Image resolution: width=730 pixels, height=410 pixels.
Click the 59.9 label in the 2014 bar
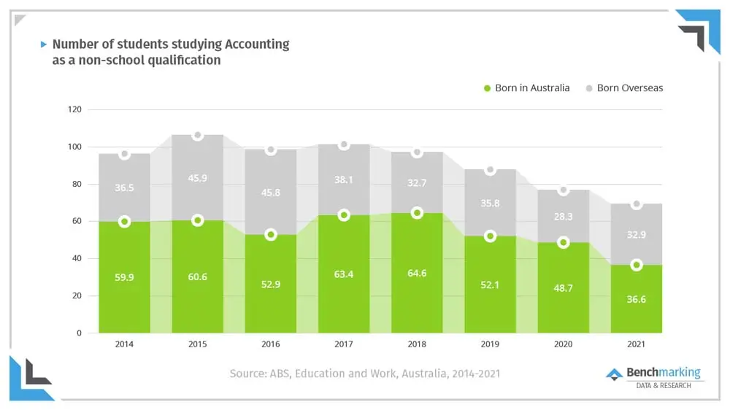tap(124, 278)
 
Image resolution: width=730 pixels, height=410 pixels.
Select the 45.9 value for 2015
tap(197, 177)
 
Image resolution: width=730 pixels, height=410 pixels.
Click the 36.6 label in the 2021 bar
tap(636, 300)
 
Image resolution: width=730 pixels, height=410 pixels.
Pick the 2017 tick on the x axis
tap(344, 344)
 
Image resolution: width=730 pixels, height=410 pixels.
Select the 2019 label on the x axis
tap(490, 344)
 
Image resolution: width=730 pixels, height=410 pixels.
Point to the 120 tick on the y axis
tap(74, 110)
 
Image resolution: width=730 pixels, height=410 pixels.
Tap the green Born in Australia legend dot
tap(487, 88)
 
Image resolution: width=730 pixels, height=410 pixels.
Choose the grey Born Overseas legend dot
tap(589, 88)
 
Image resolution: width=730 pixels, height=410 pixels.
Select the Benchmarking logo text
tap(663, 373)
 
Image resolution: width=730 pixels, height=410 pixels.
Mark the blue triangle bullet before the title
tap(44, 44)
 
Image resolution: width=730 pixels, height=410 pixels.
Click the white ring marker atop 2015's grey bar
tap(197, 136)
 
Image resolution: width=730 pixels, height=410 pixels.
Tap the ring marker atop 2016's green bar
tap(271, 235)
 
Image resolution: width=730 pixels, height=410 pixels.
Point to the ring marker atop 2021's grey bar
tap(636, 204)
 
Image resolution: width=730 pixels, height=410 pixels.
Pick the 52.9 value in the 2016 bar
tap(271, 285)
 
